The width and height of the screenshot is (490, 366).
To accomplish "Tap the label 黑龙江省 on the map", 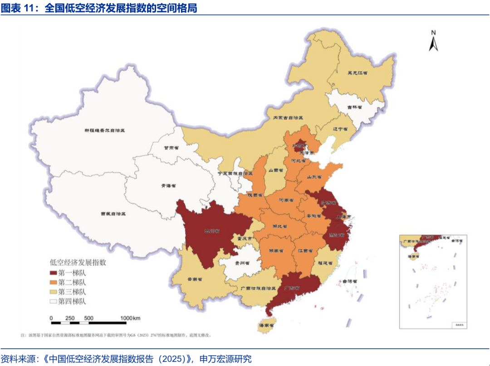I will (x=357, y=72).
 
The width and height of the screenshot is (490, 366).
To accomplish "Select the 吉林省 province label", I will (x=354, y=107).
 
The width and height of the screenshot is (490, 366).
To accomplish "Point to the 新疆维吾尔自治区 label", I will (x=104, y=130).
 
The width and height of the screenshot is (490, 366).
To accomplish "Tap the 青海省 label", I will (x=168, y=186).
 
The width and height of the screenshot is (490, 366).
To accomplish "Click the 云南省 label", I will (x=195, y=280).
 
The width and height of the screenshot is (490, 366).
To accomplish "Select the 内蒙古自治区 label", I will (x=287, y=117).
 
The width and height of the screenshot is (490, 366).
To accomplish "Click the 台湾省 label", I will (x=350, y=281).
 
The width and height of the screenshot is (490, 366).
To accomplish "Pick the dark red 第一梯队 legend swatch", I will (x=53, y=273).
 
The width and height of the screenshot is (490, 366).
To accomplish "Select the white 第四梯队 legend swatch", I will (x=53, y=301).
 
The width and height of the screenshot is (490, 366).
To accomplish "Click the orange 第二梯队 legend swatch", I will (x=53, y=282).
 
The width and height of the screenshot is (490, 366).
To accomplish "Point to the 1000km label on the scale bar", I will (x=130, y=318).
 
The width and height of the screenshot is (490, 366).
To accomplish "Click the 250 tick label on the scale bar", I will (x=70, y=318).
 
